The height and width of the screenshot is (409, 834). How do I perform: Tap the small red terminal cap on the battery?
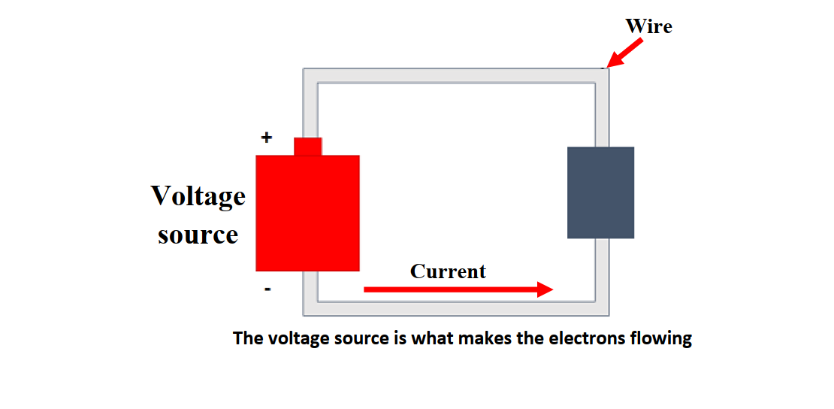pos(307,146)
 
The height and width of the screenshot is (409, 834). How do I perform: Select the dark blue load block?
pos(600,192)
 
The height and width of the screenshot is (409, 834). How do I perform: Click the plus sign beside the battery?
pos(266,138)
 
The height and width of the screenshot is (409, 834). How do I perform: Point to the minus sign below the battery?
pos(267,289)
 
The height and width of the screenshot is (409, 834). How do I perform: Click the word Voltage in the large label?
pos(198,196)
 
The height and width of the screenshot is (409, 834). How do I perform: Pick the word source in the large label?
pos(198,235)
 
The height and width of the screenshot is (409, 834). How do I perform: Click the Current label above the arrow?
pos(448,271)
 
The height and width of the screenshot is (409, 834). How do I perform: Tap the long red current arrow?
pos(458,289)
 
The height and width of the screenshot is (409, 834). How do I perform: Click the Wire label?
pos(648,27)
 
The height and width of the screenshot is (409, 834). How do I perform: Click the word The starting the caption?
pos(248,338)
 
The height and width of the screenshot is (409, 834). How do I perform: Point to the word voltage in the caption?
pos(296,338)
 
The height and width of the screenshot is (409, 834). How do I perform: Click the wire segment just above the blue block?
pos(602,113)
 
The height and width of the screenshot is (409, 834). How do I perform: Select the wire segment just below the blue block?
pos(602,274)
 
